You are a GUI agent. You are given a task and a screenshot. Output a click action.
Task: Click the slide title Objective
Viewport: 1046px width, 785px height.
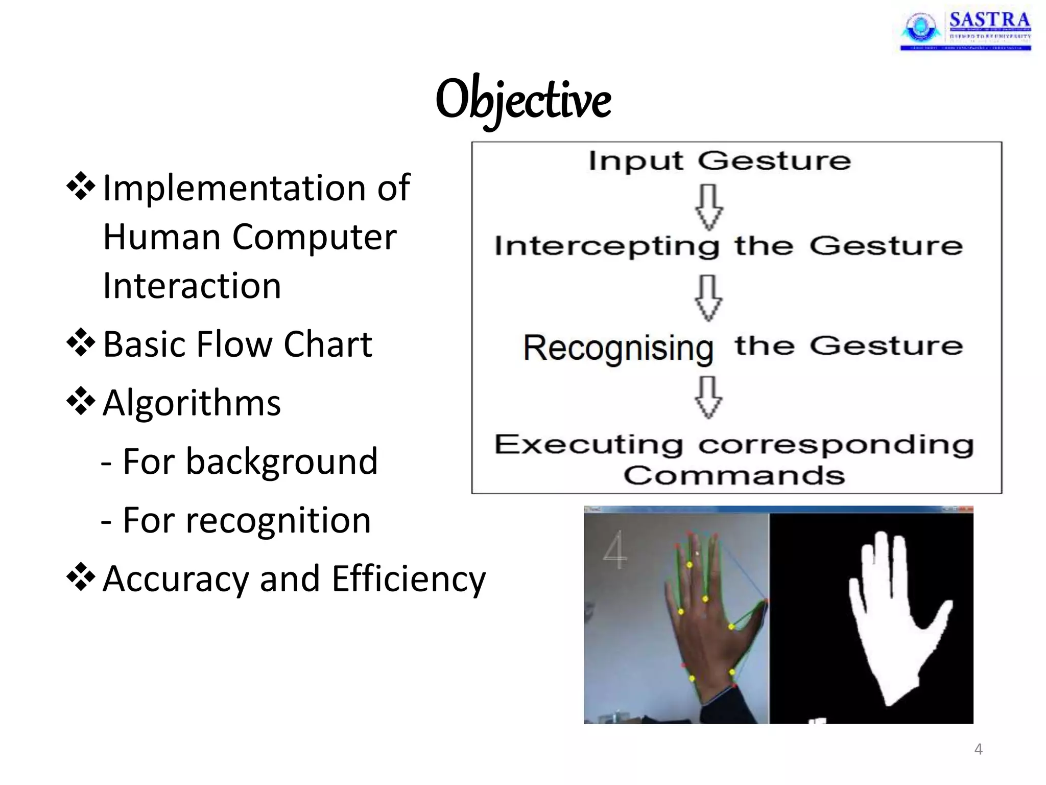(x=523, y=100)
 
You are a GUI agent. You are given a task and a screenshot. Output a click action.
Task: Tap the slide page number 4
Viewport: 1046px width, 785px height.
(x=978, y=749)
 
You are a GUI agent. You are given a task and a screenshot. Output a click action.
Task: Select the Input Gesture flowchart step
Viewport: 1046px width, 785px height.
(x=719, y=161)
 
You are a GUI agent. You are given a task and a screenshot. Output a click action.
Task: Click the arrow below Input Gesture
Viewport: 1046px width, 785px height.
(x=709, y=207)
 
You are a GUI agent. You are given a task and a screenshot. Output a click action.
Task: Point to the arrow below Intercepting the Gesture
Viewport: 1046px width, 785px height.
(x=709, y=298)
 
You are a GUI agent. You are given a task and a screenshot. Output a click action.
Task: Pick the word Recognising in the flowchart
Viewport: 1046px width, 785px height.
(x=618, y=348)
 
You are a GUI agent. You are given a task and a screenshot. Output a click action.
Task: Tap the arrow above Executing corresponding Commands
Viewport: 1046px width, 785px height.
(x=709, y=397)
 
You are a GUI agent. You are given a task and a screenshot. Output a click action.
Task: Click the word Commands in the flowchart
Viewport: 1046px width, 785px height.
(x=734, y=475)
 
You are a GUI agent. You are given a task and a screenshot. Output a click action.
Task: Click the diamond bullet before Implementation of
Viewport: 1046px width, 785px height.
(x=81, y=187)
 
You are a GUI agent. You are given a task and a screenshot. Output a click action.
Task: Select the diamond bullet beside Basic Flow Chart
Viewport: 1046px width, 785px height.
(x=81, y=343)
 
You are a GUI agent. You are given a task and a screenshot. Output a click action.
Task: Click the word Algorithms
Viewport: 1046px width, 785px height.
(x=192, y=403)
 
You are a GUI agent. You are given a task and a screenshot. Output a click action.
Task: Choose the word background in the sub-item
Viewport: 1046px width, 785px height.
(x=281, y=461)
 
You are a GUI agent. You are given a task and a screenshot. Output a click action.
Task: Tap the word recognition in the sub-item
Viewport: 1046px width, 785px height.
(x=278, y=520)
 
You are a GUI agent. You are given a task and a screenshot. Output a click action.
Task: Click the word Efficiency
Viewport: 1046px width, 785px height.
(x=409, y=579)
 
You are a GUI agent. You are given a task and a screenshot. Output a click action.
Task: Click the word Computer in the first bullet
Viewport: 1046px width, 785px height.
(x=314, y=237)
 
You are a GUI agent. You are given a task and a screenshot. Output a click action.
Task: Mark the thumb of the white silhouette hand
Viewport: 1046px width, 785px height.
(x=940, y=613)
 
